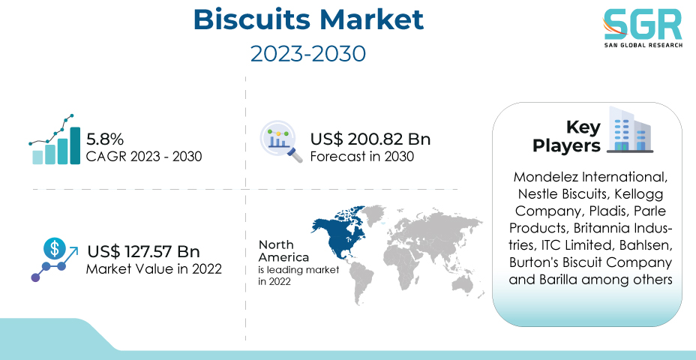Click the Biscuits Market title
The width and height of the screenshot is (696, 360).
pyautogui.click(x=308, y=20)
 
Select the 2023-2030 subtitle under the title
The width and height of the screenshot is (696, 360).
pyautogui.click(x=308, y=54)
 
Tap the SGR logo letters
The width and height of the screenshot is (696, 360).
pyautogui.click(x=642, y=25)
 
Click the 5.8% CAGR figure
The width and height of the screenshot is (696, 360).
pyautogui.click(x=105, y=139)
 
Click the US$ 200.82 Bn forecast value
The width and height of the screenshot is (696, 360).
pyautogui.click(x=370, y=139)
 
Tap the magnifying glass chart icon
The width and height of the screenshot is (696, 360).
pyautogui.click(x=281, y=142)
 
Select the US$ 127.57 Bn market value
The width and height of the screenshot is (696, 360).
pyautogui.click(x=143, y=252)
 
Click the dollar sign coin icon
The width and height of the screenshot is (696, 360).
pyautogui.click(x=54, y=248)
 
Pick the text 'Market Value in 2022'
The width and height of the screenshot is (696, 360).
pyautogui.click(x=154, y=269)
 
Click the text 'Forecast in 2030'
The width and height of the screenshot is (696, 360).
pyautogui.click(x=361, y=157)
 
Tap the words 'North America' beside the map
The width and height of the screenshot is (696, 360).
pyautogui.click(x=283, y=250)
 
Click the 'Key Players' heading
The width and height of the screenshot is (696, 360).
pyautogui.click(x=566, y=136)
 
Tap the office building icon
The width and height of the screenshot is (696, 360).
pyautogui.click(x=630, y=130)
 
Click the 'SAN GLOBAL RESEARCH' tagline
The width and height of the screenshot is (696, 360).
pyautogui.click(x=642, y=46)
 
